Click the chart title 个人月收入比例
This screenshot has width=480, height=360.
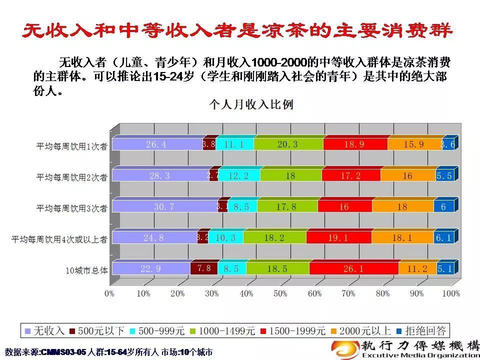(x=251, y=104)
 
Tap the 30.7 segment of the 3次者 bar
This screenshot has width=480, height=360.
(x=164, y=206)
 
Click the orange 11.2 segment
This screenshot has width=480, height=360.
(x=417, y=268)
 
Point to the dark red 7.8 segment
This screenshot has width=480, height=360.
(x=204, y=268)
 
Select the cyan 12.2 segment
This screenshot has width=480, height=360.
(x=238, y=175)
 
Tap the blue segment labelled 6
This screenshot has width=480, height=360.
(x=443, y=206)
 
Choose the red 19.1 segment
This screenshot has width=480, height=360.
(x=338, y=238)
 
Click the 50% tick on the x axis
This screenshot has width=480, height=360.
(x=280, y=293)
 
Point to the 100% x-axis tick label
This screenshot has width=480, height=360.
(x=451, y=293)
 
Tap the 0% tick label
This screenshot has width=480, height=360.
(x=109, y=293)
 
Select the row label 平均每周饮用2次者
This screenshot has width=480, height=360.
(x=71, y=177)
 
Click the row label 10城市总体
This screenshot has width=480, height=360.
(x=86, y=270)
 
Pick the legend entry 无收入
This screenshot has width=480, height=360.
(x=44, y=330)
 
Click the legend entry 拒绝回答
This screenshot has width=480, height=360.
(x=420, y=330)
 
